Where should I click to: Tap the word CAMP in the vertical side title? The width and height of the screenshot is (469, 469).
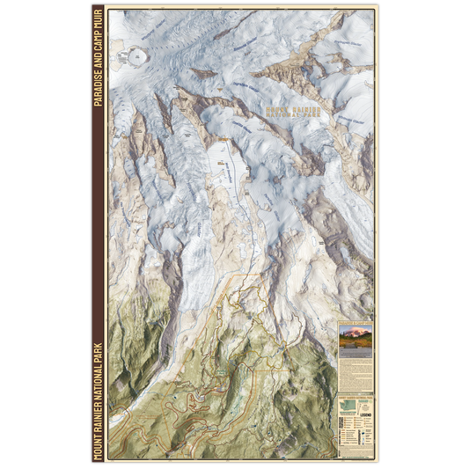click(97, 44)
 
